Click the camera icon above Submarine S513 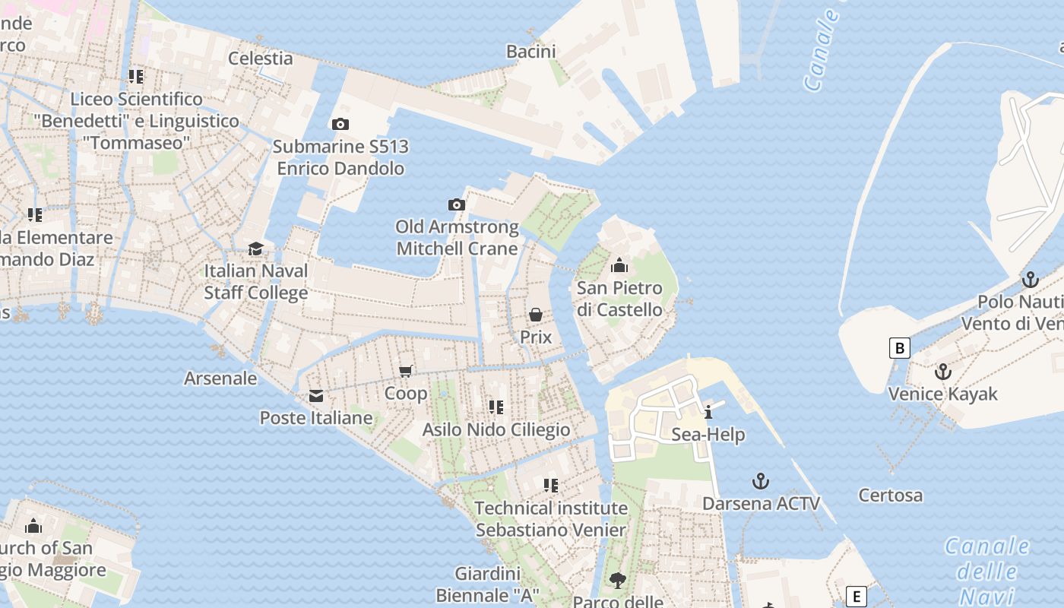[340, 124]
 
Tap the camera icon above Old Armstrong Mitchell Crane [456, 204]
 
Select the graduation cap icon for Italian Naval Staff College [256, 249]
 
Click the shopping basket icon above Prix [536, 315]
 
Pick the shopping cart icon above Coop [406, 371]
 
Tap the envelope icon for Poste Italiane [315, 396]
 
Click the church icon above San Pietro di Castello [619, 266]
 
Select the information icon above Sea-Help [708, 412]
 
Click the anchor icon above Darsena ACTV [760, 481]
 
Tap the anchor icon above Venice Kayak [942, 372]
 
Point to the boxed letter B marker [900, 348]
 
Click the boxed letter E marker [857, 597]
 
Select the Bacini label [531, 52]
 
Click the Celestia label [261, 59]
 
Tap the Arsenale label [220, 378]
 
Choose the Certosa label [891, 496]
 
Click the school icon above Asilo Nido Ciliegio [496, 407]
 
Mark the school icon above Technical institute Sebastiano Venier [551, 485]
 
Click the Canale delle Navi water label [986, 570]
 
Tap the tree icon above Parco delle [618, 581]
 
